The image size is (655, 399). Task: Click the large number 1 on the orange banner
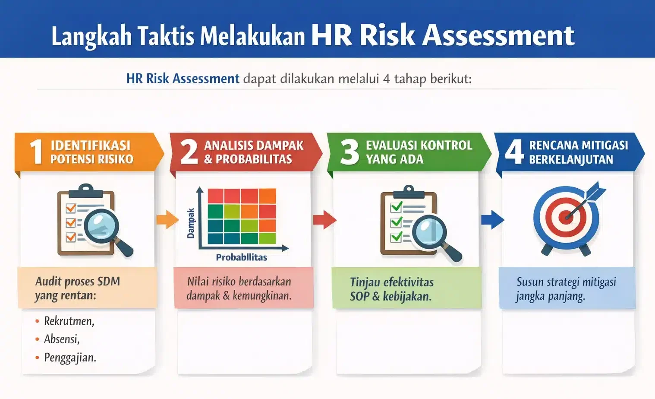pyautogui.click(x=37, y=152)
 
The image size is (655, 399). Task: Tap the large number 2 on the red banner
pyautogui.click(x=189, y=152)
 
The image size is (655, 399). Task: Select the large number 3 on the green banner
pyautogui.click(x=349, y=152)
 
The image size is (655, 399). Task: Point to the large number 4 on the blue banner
pyautogui.click(x=514, y=152)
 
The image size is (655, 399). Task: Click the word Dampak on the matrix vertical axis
pyautogui.click(x=191, y=223)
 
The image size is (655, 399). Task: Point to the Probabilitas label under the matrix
pyautogui.click(x=241, y=257)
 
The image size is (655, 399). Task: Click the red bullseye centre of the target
pyautogui.click(x=566, y=216)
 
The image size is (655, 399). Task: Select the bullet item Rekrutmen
pyautogui.click(x=69, y=321)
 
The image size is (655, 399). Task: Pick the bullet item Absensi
pyautogui.click(x=62, y=339)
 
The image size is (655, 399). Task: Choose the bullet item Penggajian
pyautogui.click(x=70, y=358)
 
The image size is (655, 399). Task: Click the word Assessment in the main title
pyautogui.click(x=498, y=35)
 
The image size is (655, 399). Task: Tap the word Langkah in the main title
pyautogui.click(x=91, y=36)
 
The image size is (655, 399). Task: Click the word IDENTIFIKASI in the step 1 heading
pyautogui.click(x=91, y=146)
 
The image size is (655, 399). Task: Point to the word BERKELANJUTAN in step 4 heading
pyautogui.click(x=571, y=160)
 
